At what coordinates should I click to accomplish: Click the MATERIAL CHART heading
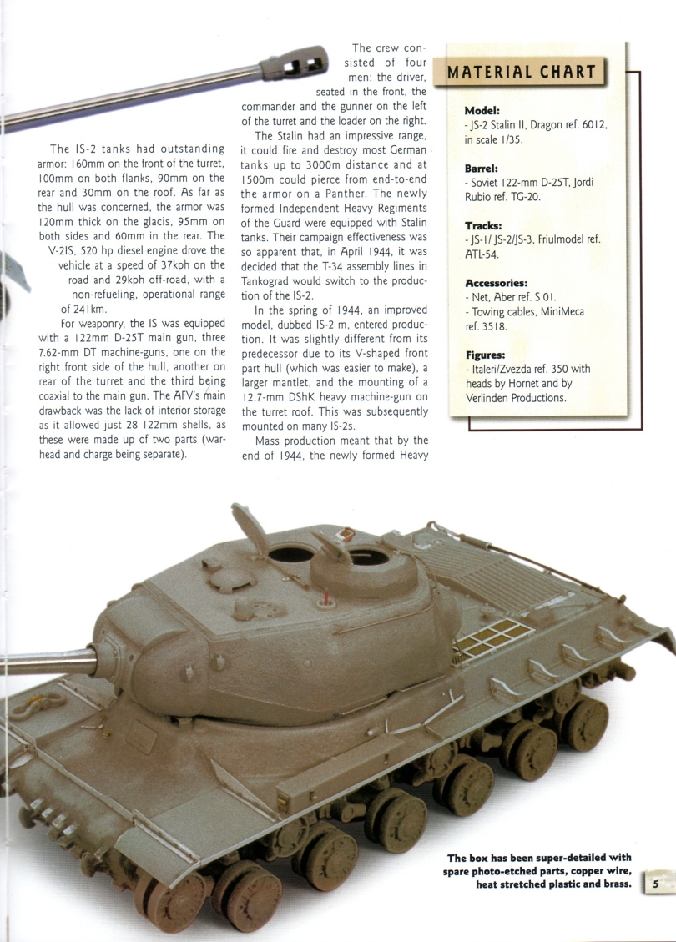coord(523,71)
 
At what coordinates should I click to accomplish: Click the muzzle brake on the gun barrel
coord(292,63)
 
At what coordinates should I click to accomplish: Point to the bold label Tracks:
coord(483,225)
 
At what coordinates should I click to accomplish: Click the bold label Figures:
coord(485,355)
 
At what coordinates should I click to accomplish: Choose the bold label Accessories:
coord(497,282)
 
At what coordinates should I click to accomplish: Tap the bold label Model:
coord(482,110)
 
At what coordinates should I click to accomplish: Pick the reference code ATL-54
coord(482,254)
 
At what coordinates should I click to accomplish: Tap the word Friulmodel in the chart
coord(569,240)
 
